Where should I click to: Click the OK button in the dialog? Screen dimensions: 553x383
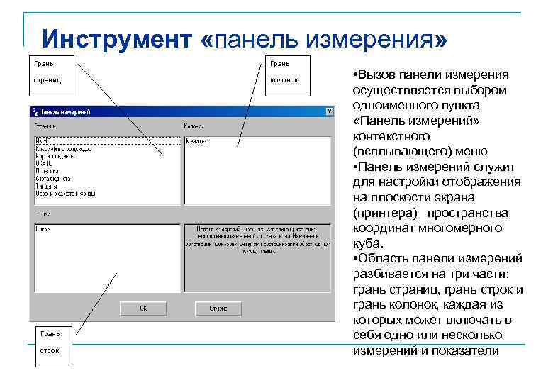143,309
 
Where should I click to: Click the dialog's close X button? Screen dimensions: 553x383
329,111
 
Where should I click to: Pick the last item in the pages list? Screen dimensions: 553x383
65,193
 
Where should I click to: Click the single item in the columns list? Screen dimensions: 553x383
196,141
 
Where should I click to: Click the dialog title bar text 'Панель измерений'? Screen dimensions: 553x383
67,111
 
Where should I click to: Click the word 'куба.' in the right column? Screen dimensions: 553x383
367,243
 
